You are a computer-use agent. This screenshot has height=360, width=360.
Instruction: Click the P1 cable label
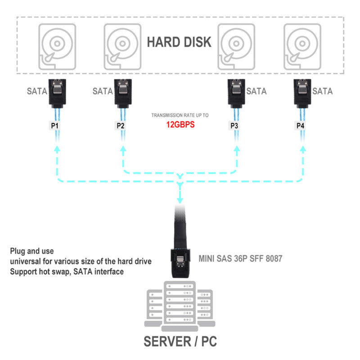tap(55, 126)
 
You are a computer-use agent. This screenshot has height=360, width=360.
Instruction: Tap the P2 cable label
tap(121, 126)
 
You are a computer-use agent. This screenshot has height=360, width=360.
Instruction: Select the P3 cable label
tap(234, 126)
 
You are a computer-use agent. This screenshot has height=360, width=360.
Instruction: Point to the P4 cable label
tap(300, 126)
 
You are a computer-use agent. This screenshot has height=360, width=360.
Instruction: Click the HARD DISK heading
tap(179, 42)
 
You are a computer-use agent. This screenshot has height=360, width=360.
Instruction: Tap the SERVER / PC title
tap(180, 341)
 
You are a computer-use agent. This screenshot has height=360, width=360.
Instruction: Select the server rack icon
tap(180, 304)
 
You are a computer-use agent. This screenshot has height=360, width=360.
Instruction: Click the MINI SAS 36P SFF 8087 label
tap(240, 259)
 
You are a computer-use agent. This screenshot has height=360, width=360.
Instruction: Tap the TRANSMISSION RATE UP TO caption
tap(180, 116)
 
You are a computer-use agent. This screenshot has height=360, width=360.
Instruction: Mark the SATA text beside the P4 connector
tap(322, 91)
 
